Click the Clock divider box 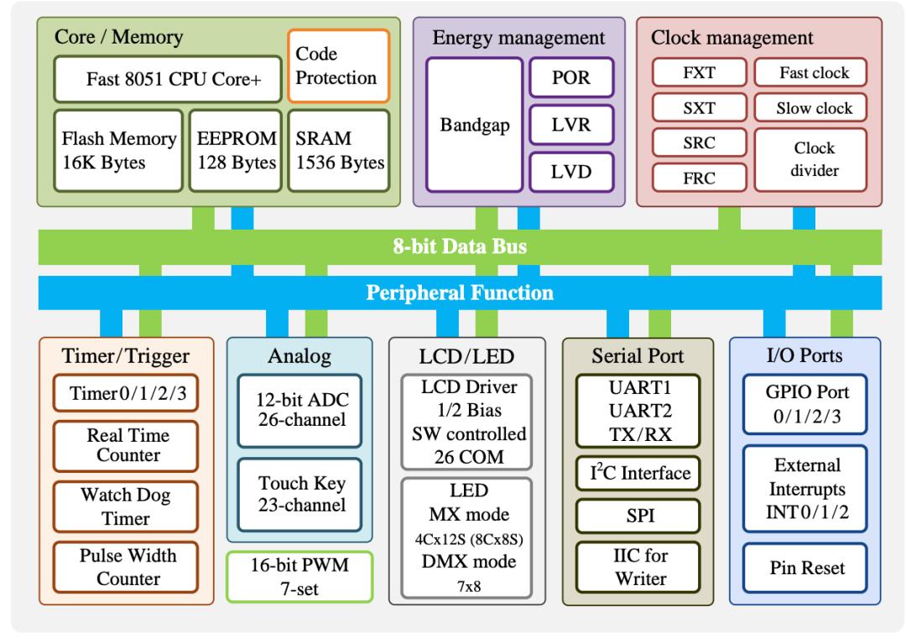click(815, 159)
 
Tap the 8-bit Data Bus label click(461, 247)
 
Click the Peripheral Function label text click(461, 293)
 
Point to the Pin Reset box click(805, 568)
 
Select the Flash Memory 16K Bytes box click(111, 150)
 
